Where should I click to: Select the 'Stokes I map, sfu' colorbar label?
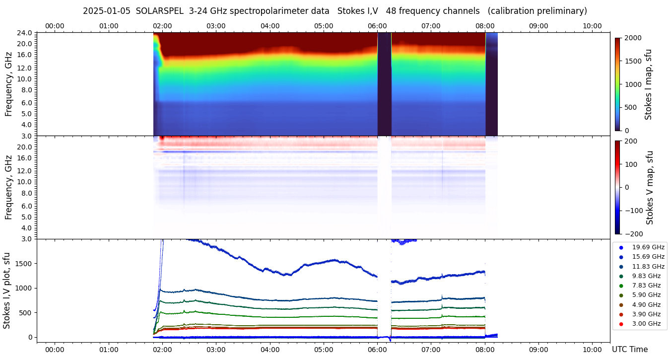[648, 84]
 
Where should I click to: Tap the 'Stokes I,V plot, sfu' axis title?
[7, 290]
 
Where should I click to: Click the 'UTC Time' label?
[630, 350]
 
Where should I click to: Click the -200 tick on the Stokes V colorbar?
[633, 234]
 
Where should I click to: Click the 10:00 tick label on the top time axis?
[592, 26]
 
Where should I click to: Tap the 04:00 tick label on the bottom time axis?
[270, 350]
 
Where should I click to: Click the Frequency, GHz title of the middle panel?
[8, 188]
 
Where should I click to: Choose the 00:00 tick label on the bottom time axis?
[55, 350]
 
